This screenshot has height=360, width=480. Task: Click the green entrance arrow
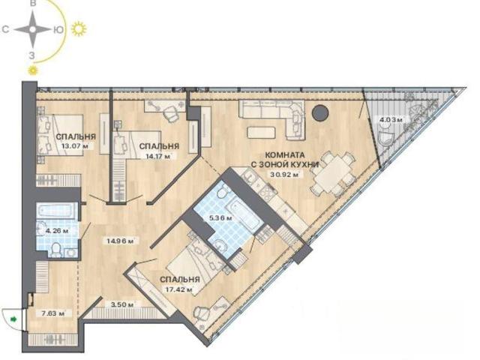(13, 319)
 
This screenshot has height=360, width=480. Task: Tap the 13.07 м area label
(75, 146)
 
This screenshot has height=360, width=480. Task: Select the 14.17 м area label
(158, 157)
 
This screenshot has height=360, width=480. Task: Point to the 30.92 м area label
(285, 175)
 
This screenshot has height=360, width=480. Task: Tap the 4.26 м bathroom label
(57, 231)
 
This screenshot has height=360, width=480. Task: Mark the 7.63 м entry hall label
(54, 313)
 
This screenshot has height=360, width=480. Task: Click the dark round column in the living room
(320, 113)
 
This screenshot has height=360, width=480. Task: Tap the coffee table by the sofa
(261, 133)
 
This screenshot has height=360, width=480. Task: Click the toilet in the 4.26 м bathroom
(56, 250)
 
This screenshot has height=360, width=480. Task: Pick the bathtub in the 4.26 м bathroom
(57, 211)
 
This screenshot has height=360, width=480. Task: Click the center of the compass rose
(32, 30)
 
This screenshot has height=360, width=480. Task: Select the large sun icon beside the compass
(79, 29)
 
